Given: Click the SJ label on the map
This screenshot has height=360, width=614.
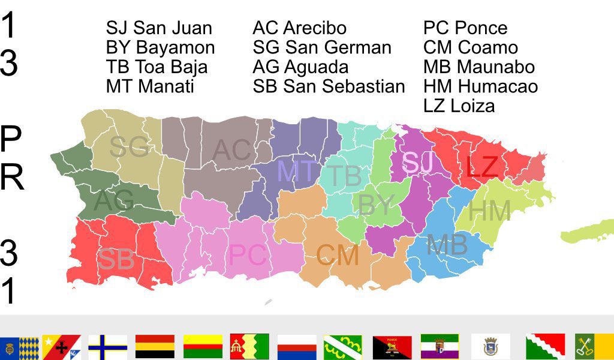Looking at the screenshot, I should click(x=419, y=163).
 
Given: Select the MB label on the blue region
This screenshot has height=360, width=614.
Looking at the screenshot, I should click(x=447, y=245).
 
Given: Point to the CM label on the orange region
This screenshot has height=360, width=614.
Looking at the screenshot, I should click(x=338, y=256).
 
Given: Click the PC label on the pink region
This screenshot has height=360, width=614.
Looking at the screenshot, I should click(x=247, y=256).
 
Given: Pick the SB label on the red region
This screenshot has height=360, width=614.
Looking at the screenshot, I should click(x=116, y=259).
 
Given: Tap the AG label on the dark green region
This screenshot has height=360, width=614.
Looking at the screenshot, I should click(x=114, y=201).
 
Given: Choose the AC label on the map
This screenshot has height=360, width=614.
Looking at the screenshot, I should click(x=232, y=150).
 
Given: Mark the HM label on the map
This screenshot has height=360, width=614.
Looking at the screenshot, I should click(x=489, y=211).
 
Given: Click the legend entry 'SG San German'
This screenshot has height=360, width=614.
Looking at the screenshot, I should click(x=322, y=47).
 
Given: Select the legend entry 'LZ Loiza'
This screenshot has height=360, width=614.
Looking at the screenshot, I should click(x=459, y=106).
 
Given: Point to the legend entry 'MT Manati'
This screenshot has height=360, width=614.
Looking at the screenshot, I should click(x=150, y=86).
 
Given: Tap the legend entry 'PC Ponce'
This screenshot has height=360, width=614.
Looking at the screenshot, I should click(x=465, y=28).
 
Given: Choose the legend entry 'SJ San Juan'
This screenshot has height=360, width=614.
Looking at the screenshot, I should click(x=159, y=28).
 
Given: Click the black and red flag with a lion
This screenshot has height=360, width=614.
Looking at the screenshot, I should click(x=392, y=347).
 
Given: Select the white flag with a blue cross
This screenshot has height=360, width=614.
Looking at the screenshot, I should click(x=107, y=347).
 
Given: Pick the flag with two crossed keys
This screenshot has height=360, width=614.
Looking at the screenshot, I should click(x=594, y=347).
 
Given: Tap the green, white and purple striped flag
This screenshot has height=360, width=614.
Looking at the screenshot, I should click(x=440, y=347).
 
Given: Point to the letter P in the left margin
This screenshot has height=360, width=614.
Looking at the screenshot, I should click(x=11, y=139).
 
